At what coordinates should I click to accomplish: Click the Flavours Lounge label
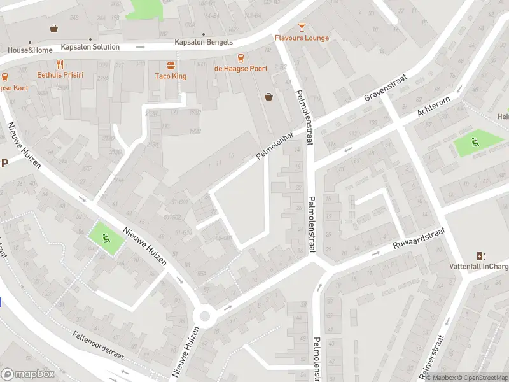point(302,38)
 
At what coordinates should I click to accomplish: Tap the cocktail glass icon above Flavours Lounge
point(302,27)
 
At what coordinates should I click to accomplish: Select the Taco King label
point(171,76)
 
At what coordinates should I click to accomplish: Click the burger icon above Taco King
point(171,66)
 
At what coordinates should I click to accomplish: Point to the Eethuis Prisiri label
point(60,75)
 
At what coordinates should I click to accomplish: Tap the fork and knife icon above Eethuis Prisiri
point(60,64)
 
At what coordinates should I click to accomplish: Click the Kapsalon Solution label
point(90,47)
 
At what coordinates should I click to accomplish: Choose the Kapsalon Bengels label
point(204,43)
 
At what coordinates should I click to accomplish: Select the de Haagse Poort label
point(241,69)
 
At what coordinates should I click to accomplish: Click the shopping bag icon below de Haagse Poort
point(269,96)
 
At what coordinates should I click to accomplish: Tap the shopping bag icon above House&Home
point(54,28)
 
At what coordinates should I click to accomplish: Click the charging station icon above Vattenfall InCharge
point(472,256)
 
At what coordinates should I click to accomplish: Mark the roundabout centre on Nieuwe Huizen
point(205,315)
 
